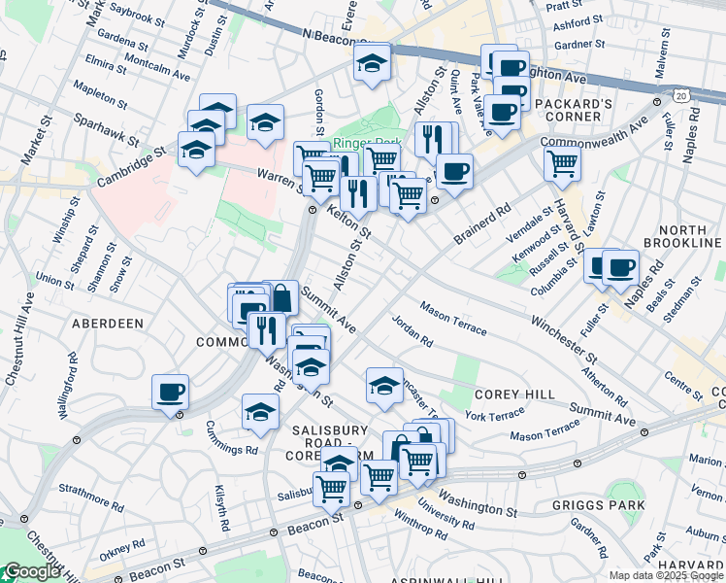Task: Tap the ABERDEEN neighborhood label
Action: (107, 323)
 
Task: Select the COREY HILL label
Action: (514, 394)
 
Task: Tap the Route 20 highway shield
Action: (682, 96)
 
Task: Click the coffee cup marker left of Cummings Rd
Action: (171, 393)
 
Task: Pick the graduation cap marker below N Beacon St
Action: (371, 63)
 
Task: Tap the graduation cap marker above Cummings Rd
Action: (260, 412)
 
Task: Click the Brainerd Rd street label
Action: (481, 224)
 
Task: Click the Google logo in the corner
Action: (31, 571)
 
